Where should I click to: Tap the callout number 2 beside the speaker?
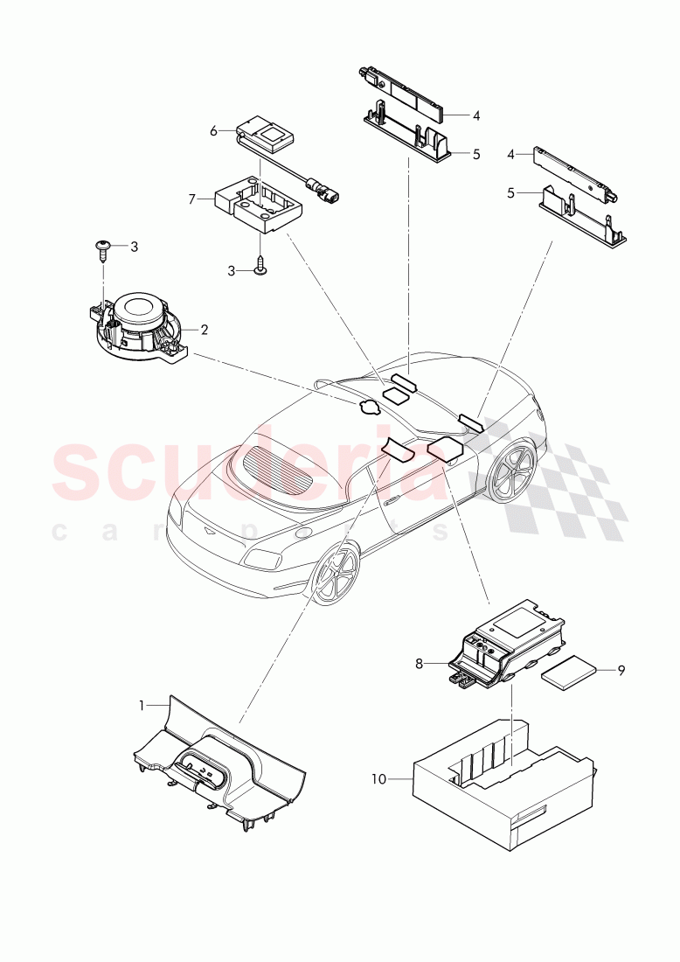coord(204,331)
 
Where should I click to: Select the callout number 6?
coord(213,131)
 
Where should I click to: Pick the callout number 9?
coord(621,671)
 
